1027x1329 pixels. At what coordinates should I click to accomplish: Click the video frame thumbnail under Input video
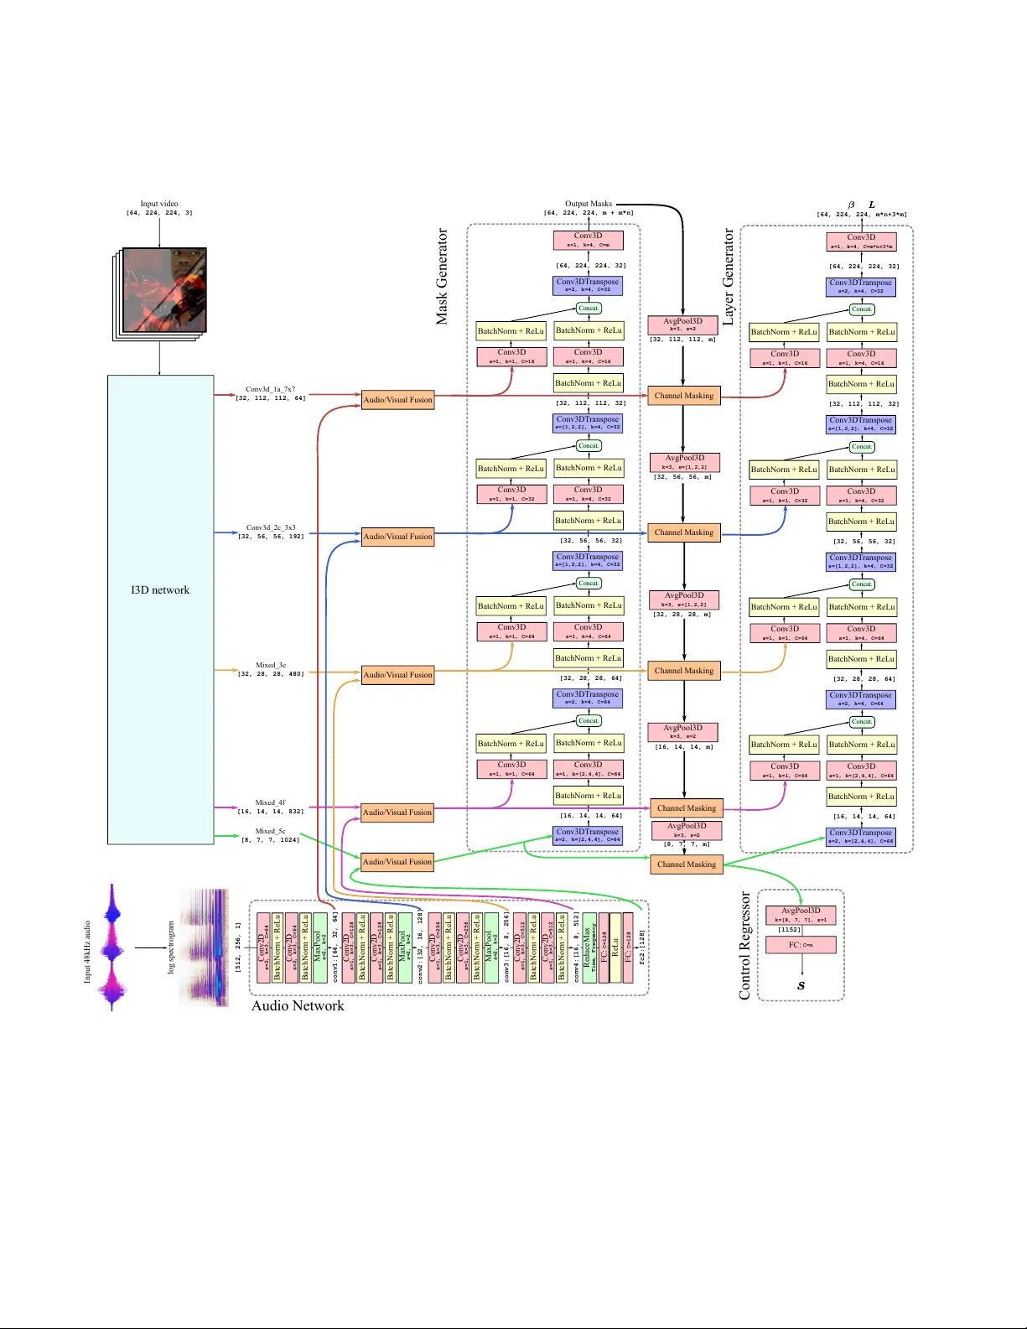click(164, 290)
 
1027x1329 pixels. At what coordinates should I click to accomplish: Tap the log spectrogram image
click(204, 947)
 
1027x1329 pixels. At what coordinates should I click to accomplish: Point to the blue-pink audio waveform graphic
click(112, 947)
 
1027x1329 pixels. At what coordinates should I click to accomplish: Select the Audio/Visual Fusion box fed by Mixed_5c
click(397, 861)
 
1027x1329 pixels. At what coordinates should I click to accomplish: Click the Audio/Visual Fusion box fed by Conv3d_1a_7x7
click(397, 399)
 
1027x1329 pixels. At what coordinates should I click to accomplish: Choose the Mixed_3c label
click(270, 665)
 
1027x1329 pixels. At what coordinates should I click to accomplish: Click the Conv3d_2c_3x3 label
click(270, 527)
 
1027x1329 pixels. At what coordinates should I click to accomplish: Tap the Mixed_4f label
click(270, 802)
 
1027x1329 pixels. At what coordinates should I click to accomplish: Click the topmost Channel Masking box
click(683, 396)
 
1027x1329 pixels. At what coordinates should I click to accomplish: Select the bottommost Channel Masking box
click(686, 864)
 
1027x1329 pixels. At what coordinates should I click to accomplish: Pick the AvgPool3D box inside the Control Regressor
click(801, 914)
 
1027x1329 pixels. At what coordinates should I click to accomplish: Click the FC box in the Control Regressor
click(801, 945)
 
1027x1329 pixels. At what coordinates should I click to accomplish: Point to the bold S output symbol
click(801, 986)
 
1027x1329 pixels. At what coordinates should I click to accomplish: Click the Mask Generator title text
click(442, 277)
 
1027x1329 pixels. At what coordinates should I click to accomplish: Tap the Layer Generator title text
click(728, 277)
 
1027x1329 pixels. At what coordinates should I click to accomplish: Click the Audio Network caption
click(298, 1005)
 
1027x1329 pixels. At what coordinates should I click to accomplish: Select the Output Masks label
click(588, 204)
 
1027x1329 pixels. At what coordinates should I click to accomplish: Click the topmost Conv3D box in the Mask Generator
click(588, 240)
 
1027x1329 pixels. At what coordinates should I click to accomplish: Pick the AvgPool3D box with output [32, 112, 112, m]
click(682, 325)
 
